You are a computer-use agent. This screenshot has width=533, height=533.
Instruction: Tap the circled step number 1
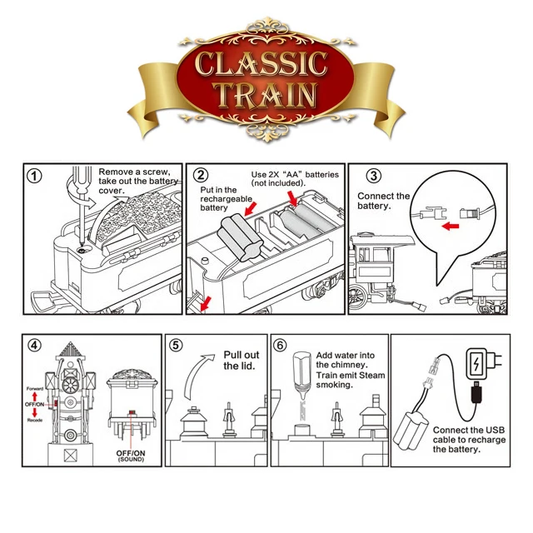[x=34, y=176]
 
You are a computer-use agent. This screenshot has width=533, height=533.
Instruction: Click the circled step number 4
[x=34, y=345]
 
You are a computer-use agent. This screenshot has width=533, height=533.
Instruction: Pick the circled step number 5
[x=176, y=345]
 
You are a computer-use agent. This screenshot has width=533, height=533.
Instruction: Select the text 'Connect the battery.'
[x=383, y=201]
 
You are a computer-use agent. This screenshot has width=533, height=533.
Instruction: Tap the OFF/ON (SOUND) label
[x=130, y=456]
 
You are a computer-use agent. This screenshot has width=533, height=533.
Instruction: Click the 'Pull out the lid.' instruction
[x=242, y=360]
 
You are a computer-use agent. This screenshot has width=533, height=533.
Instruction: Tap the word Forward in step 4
[x=34, y=388]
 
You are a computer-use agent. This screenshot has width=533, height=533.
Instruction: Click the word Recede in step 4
[x=34, y=421]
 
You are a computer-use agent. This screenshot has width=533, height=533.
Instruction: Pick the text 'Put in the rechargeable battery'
[x=220, y=199]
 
